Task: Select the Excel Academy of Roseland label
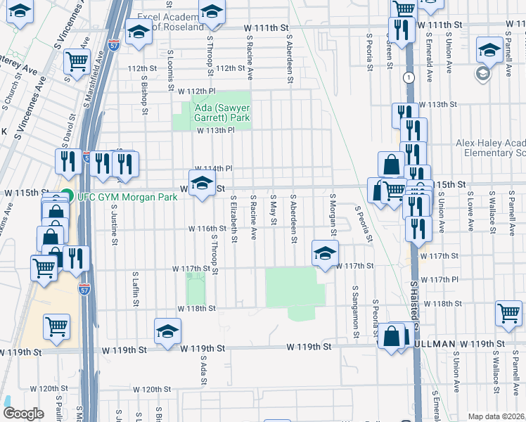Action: (x=174, y=21)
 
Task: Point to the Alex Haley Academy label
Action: (x=490, y=147)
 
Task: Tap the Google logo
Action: (x=23, y=414)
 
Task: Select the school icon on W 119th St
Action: (x=167, y=331)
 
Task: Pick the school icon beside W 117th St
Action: (x=325, y=253)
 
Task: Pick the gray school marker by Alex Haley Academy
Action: (x=482, y=74)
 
